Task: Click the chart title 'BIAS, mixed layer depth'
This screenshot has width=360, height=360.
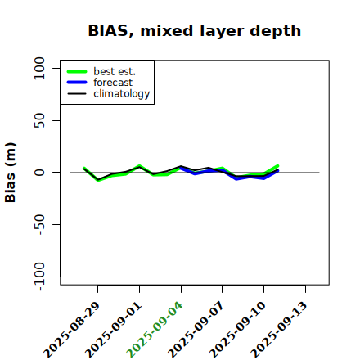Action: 195,31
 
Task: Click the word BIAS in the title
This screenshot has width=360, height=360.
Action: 108,31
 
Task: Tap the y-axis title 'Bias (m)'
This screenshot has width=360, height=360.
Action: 11,173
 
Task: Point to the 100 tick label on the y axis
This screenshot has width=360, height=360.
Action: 39,68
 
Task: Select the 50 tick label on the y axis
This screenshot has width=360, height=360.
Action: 39,120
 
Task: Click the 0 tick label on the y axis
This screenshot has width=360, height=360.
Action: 39,173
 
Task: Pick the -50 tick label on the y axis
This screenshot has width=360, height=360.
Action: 39,224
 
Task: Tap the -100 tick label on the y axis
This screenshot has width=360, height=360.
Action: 39,277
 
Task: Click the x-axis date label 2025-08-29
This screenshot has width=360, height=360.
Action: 71,330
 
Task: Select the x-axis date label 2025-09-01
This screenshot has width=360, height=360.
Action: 113,330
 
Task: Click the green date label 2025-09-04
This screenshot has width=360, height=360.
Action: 155,330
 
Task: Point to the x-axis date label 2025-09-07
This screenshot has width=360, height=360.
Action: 196,330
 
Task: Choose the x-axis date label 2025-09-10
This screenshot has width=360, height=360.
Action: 237,330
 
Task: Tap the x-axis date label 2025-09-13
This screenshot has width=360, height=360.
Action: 279,330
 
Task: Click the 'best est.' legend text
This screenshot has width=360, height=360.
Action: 115,71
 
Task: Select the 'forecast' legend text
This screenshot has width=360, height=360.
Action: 113,83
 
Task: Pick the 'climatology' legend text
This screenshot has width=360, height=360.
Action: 122,94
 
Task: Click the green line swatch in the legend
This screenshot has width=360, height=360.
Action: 77,71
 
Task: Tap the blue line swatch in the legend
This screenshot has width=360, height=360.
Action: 77,83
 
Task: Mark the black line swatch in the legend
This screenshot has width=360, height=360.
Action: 77,93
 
